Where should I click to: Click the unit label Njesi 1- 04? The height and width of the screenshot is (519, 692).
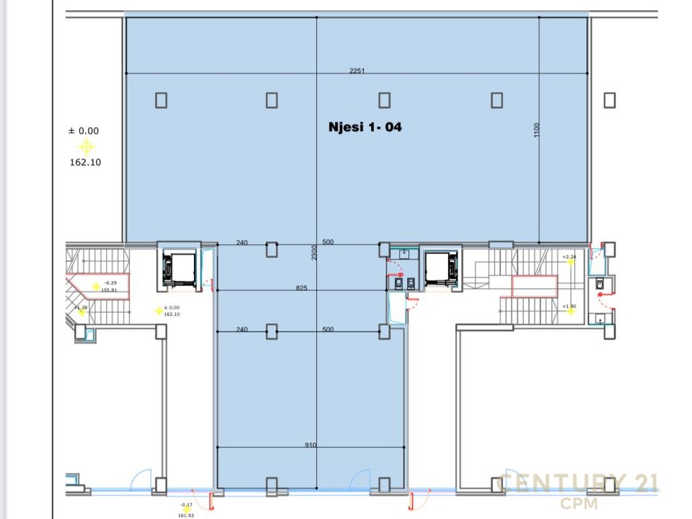(x=364, y=126)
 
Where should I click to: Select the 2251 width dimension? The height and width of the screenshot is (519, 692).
(x=357, y=71)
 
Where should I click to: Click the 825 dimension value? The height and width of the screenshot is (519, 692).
(x=301, y=288)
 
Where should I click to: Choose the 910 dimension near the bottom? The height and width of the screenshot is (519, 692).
(x=310, y=445)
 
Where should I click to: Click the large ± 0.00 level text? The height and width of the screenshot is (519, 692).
(x=84, y=131)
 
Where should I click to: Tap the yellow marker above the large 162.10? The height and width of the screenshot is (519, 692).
(x=86, y=147)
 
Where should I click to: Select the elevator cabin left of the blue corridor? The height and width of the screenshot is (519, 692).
(x=178, y=269)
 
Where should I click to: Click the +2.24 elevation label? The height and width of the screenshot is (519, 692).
(x=569, y=257)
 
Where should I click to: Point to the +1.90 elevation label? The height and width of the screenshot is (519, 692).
(x=569, y=306)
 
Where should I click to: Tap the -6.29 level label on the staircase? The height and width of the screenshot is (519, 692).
(x=110, y=282)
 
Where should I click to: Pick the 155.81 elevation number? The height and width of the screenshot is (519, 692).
(x=109, y=290)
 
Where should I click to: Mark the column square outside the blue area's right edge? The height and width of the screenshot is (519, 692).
(x=610, y=100)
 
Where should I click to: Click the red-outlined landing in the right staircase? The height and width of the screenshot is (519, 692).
(x=534, y=287)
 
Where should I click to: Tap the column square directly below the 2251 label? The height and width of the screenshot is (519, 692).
(x=384, y=100)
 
